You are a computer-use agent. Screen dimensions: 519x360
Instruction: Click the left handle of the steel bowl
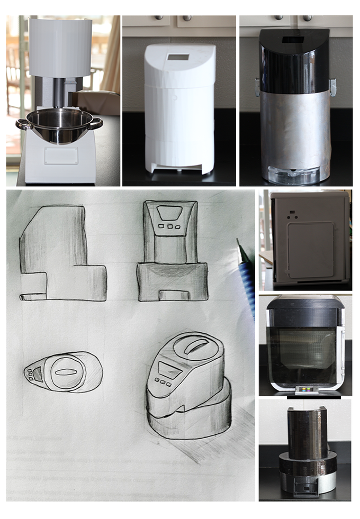[22, 125]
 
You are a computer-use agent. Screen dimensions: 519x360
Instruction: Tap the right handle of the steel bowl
[96, 124]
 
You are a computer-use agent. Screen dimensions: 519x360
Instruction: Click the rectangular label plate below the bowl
[61, 156]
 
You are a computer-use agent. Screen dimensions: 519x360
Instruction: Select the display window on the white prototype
[178, 58]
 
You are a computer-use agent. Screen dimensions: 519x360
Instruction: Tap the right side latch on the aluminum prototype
[332, 86]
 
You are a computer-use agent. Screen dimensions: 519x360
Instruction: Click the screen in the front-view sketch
[170, 213]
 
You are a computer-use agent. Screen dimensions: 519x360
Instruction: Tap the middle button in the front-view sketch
[170, 226]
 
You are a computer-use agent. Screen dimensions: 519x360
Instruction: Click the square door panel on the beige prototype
[310, 250]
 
